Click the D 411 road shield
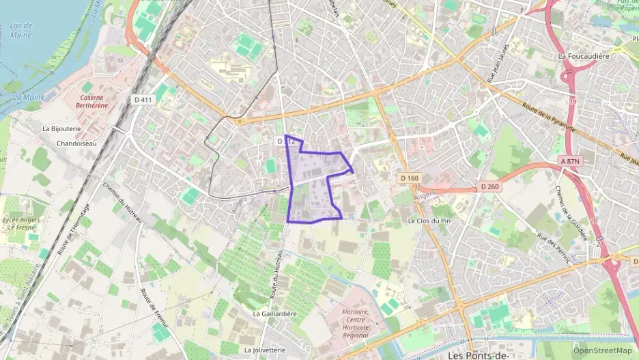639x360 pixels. click(x=143, y=100)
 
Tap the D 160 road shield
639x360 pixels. click(x=409, y=178)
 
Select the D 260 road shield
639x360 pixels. click(x=490, y=186)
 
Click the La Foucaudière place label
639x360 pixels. click(x=583, y=56)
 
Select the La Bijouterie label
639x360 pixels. click(x=62, y=128)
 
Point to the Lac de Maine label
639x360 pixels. click(x=22, y=31)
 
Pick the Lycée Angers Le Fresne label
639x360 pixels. click(x=20, y=224)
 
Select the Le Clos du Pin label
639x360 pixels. click(x=430, y=221)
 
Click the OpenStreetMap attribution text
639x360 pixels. click(x=602, y=350)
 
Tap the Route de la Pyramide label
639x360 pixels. click(x=548, y=117)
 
